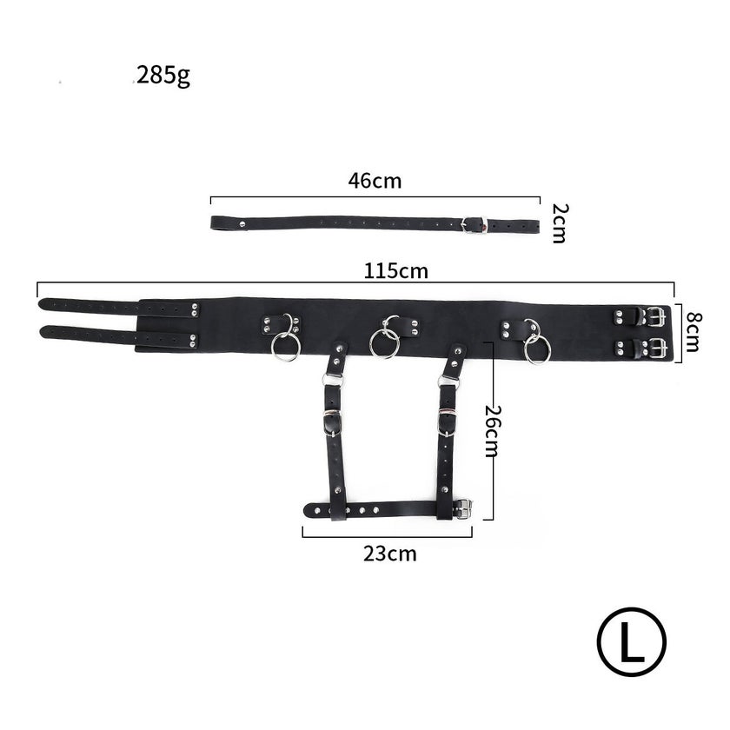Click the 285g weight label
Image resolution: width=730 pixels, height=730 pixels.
point(163,76)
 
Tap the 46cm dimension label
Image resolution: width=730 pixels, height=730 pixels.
point(375,181)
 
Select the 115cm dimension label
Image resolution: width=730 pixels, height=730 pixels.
point(395,271)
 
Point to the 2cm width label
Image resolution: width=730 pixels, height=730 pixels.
point(559,223)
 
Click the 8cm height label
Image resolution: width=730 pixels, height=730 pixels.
point(693,331)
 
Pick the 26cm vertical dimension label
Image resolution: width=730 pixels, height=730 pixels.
point(492,431)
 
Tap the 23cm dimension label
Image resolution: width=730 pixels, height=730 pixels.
point(390,554)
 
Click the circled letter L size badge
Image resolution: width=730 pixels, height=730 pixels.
point(632,641)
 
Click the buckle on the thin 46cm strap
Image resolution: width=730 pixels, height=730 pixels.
point(474,224)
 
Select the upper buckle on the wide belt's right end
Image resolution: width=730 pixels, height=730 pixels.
point(655,317)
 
